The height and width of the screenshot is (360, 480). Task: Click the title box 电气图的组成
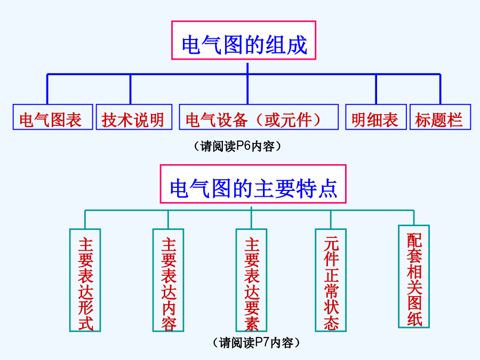coord(244,40)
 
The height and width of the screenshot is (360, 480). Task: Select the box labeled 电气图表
coord(53,117)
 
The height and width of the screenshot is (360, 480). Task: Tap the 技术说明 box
coord(134,117)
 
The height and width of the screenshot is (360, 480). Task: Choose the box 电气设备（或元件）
coord(259,117)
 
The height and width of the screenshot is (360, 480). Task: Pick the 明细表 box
coord(376,117)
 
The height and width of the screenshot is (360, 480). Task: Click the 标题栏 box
coord(440,117)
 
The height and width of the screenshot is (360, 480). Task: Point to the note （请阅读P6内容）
coord(237,146)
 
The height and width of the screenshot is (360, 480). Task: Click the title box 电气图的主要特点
coord(253,183)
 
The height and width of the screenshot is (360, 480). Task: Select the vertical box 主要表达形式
coord(85,280)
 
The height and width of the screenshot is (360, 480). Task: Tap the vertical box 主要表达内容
coord(169,280)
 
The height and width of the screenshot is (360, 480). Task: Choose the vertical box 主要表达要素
coord(251,280)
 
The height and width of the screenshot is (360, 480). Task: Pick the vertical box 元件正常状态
coord(331,280)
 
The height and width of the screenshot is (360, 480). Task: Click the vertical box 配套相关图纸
coord(414,276)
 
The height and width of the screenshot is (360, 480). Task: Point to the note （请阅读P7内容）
coord(256,343)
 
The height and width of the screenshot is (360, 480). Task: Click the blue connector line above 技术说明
coord(131,89)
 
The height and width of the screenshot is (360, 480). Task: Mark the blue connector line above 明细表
coord(376,89)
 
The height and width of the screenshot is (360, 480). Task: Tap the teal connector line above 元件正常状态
coord(331,220)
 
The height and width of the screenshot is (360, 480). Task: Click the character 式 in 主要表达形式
coord(85,323)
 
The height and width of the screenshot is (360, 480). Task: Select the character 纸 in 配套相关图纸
coord(414,319)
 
